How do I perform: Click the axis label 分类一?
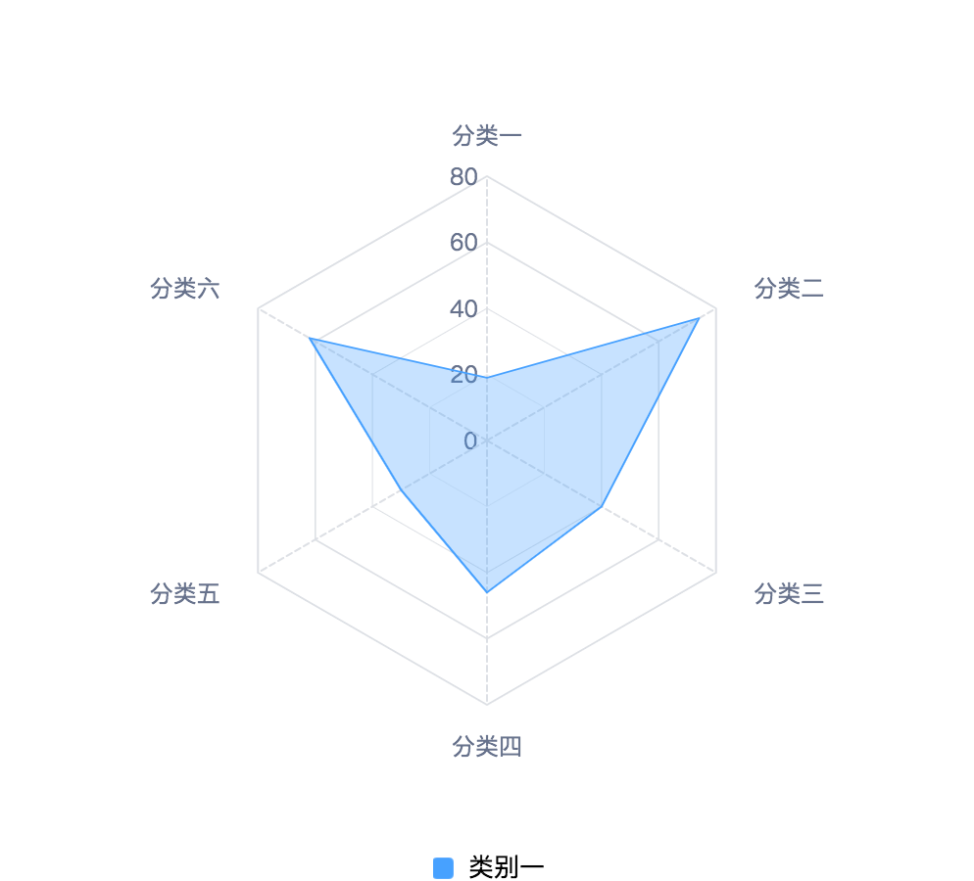coord(486,135)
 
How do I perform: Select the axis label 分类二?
coord(789,289)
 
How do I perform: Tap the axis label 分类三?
coord(789,594)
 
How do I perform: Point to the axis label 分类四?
coord(486,746)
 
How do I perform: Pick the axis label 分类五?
coord(184,594)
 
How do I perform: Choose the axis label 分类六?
coord(184,289)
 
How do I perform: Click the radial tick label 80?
coord(463,177)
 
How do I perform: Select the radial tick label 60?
coord(463,243)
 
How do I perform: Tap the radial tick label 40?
coord(463,309)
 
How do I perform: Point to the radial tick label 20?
coord(463,375)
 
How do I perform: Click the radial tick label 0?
coord(470,440)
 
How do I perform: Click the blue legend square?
coord(443,867)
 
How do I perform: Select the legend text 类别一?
coord(507,866)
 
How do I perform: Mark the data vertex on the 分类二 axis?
coord(699,318)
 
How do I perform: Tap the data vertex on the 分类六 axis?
coord(310,339)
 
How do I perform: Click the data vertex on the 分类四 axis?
coord(487,592)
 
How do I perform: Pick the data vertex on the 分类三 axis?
coord(602,507)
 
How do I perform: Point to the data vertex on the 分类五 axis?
coord(401,490)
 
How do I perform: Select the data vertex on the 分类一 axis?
coord(487,377)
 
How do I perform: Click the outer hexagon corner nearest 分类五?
coord(258,573)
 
